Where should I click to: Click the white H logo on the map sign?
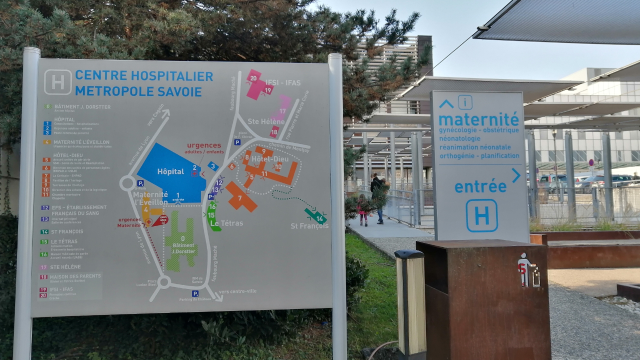(x=58, y=82)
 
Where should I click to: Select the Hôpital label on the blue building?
(x=170, y=171)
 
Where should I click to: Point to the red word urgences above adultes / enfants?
(x=204, y=145)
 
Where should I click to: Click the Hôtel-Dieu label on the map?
(x=266, y=159)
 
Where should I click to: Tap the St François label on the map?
(x=309, y=226)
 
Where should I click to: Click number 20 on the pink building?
(x=253, y=78)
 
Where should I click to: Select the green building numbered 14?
(x=316, y=216)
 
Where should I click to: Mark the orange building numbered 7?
(x=240, y=197)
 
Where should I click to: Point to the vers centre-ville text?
(x=237, y=291)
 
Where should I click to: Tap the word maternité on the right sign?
(x=478, y=119)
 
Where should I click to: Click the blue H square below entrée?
(x=481, y=215)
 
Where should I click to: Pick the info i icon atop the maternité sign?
(x=465, y=102)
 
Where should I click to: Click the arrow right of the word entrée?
(x=515, y=175)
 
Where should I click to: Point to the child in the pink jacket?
(x=363, y=209)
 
